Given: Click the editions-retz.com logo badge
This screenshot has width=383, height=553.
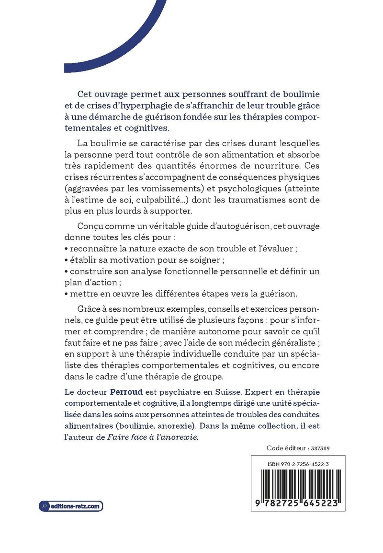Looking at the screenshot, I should [x=71, y=506].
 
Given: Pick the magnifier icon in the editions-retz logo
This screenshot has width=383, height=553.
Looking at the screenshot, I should [x=45, y=506].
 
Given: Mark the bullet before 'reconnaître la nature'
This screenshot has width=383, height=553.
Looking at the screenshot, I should [x=66, y=249].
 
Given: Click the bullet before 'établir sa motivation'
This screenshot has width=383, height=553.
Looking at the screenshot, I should [x=66, y=260].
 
